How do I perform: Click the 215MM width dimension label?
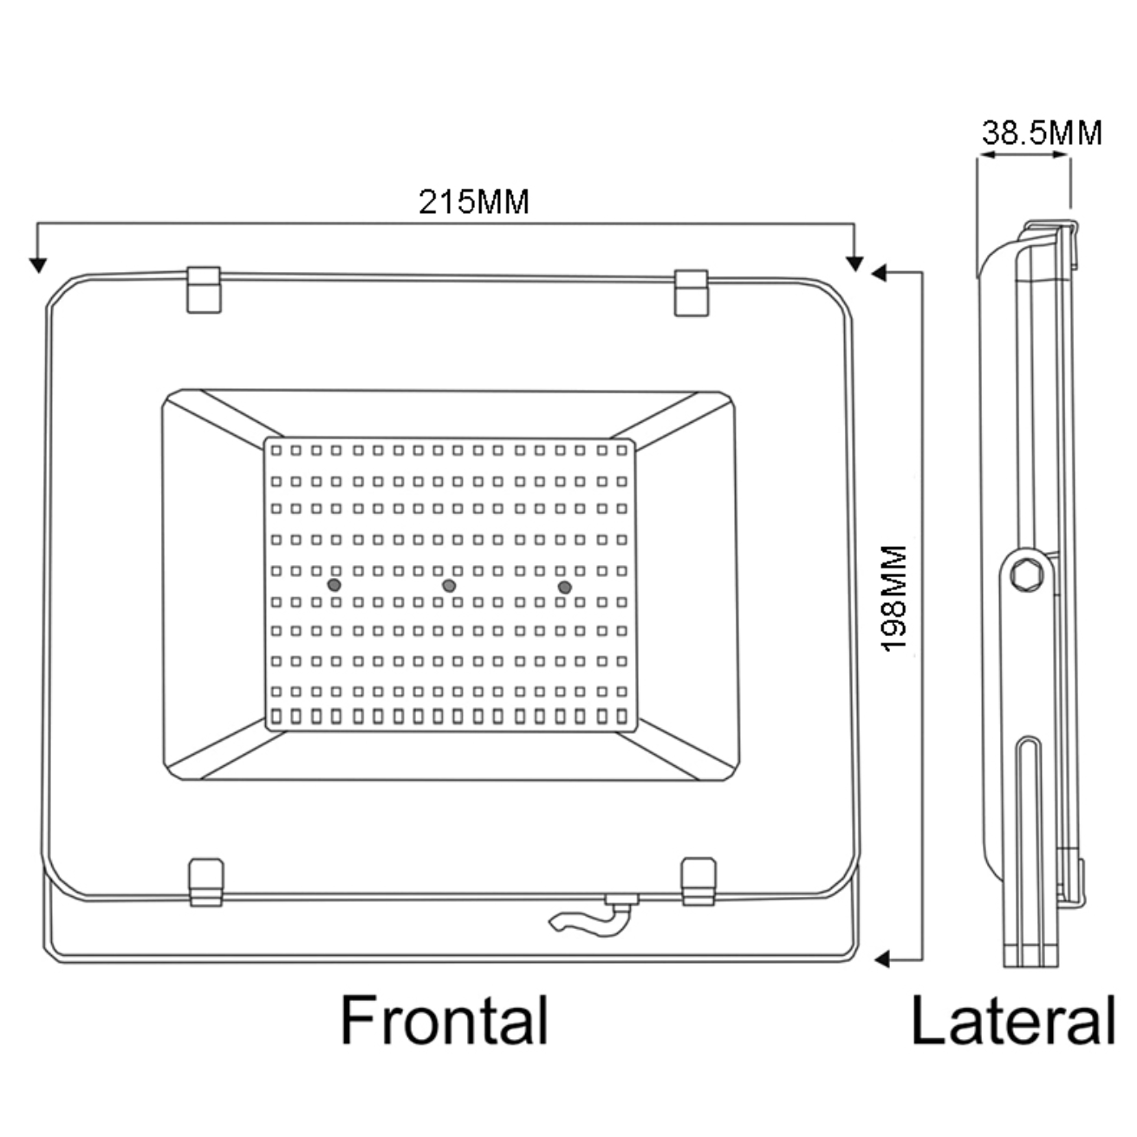(474, 202)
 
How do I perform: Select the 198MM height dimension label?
(893, 599)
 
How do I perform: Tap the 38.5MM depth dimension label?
(1042, 133)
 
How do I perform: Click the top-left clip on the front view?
(205, 289)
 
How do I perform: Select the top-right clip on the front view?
(691, 293)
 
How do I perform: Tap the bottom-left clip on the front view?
(206, 882)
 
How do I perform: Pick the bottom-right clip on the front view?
(698, 882)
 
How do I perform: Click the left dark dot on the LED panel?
(334, 586)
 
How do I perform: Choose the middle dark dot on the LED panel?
(449, 587)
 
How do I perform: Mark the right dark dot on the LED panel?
(565, 588)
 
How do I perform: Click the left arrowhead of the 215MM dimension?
(37, 263)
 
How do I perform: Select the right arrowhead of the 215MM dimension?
(854, 263)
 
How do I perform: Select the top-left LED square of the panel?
(276, 451)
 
